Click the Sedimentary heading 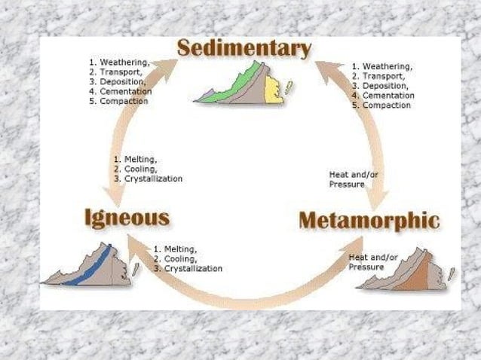(244, 50)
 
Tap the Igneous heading (127, 218)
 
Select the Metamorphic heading (369, 221)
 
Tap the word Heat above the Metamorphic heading (339, 175)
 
